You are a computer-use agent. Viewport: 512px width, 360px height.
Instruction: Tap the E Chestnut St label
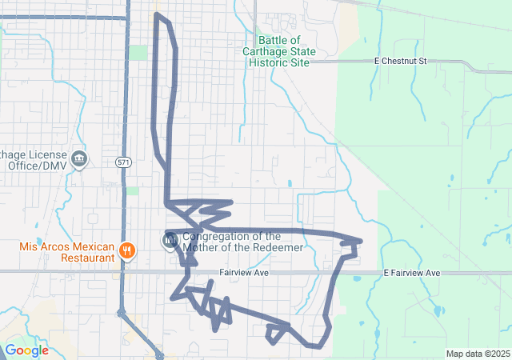coord(401,61)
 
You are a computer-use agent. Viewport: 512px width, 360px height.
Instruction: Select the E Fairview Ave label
coord(411,273)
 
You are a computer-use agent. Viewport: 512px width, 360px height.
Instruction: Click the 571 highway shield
coord(122,162)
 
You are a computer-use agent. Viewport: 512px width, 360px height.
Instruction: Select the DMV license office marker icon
coord(79,159)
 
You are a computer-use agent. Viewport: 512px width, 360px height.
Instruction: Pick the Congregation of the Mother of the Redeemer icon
coord(170,240)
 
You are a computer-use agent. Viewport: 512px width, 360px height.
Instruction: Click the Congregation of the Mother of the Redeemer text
coord(243,242)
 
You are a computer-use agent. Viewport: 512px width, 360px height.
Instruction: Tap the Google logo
coord(26,350)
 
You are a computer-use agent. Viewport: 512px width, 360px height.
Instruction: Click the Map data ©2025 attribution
coord(478,354)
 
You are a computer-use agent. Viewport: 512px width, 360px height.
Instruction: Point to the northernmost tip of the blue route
coord(156,14)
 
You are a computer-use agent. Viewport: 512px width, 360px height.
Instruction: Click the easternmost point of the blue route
coord(362,241)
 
